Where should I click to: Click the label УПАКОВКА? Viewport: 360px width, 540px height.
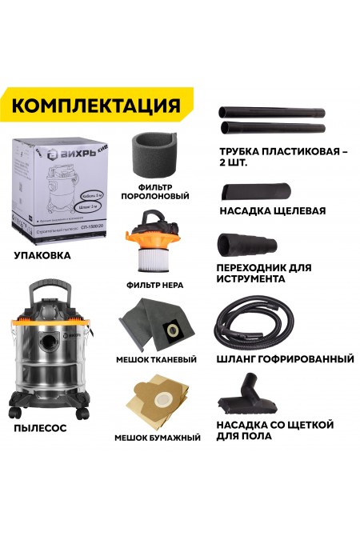(x=42, y=256)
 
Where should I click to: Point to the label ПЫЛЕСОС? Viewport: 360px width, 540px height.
(x=40, y=428)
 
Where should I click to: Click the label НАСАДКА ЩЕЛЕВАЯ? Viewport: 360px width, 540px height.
(x=273, y=212)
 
